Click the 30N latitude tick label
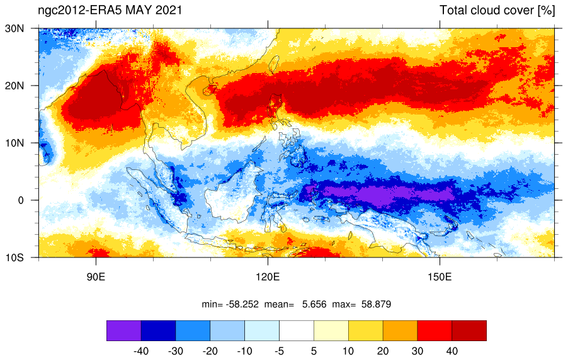pos(14,28)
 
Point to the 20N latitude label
pos(14,86)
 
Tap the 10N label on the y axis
pos(14,143)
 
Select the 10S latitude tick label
pos(14,257)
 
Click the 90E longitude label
pos(96,277)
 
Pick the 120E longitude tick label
pos(268,277)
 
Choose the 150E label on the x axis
pos(440,277)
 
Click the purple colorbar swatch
pos(124,330)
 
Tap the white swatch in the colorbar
pos(297,330)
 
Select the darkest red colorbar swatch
pos(469,330)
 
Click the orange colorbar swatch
pos(400,330)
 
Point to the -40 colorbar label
pos(141,351)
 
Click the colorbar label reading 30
pos(417,351)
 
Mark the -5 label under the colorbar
pos(279,351)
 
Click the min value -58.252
pos(242,304)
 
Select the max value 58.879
pos(377,304)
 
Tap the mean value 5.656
pos(314,304)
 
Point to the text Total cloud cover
pos(487,10)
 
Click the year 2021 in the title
pos(169,10)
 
